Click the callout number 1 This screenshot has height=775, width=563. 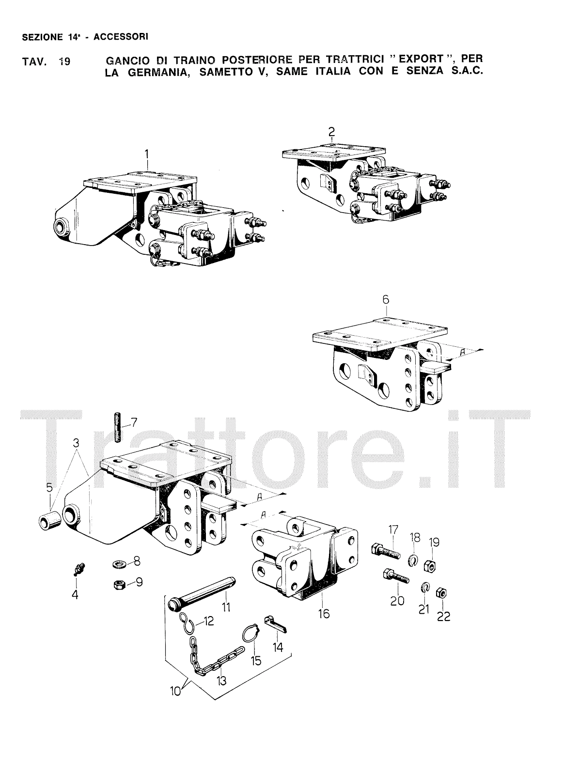[147, 154]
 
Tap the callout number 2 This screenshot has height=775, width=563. [331, 132]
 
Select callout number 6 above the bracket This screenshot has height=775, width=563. [386, 299]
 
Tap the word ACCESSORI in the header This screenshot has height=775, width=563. [121, 37]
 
